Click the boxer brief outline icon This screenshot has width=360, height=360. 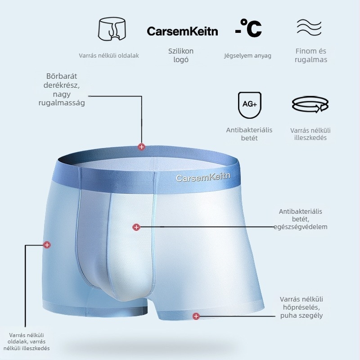point(112,29)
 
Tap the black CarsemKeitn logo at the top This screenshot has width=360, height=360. point(182,31)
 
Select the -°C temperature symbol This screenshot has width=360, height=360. point(248,28)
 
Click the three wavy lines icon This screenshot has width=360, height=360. point(309,27)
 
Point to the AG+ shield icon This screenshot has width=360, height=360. point(250,105)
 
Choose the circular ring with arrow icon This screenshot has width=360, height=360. point(310,104)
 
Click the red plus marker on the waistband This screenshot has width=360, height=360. point(141,147)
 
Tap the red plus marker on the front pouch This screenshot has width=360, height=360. point(136,227)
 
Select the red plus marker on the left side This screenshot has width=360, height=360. point(47,245)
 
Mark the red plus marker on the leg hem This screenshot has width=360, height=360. point(196,316)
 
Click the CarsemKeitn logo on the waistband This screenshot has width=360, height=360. point(203,177)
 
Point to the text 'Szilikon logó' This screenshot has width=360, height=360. point(181,55)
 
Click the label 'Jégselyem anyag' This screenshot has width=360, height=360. point(248,56)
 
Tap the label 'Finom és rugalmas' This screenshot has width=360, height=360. point(311,55)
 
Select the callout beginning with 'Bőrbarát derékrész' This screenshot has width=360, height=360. point(62,89)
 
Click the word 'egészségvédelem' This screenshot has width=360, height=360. point(301,227)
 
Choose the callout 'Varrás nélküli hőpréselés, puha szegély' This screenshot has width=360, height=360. point(301,307)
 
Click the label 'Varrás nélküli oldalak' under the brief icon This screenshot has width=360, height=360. point(109,55)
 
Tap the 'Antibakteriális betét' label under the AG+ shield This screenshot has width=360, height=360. point(249,134)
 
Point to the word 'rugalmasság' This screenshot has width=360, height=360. point(62,103)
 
